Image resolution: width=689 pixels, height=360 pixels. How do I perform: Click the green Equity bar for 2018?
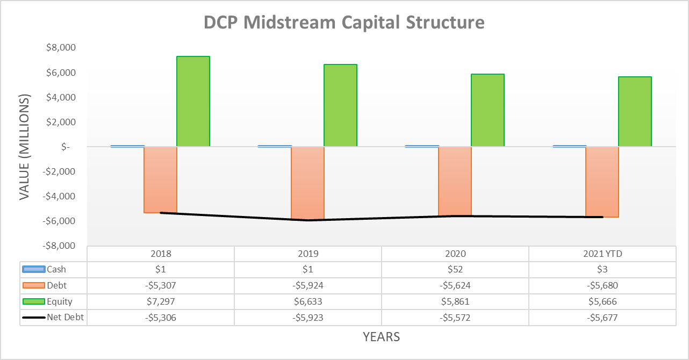click(193, 101)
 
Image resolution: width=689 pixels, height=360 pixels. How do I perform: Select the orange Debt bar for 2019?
click(307, 183)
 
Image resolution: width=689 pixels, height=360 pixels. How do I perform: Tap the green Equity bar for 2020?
click(487, 110)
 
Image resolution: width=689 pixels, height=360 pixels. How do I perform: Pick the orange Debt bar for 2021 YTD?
click(602, 182)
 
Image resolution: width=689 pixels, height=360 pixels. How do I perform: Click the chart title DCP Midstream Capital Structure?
click(344, 23)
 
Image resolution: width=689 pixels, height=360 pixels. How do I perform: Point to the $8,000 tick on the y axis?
click(61, 48)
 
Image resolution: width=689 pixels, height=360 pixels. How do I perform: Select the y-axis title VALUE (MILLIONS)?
click(25, 147)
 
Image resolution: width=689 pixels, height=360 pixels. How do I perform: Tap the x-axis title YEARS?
click(381, 337)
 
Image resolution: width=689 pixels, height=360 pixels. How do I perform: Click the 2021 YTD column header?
click(602, 254)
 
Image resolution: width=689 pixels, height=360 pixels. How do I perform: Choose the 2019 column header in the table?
click(307, 254)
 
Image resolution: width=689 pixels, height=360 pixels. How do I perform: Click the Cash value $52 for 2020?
click(455, 270)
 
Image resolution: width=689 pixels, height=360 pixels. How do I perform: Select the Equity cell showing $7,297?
click(160, 301)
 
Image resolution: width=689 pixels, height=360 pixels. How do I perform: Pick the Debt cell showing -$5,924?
click(307, 285)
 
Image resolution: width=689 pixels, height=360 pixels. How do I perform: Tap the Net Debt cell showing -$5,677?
click(602, 318)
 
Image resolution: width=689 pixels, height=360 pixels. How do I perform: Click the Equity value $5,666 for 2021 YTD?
click(602, 301)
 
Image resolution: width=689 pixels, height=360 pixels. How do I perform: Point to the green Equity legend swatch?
click(33, 301)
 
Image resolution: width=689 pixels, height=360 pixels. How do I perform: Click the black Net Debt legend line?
click(33, 318)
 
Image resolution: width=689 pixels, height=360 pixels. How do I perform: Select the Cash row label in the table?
click(56, 270)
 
